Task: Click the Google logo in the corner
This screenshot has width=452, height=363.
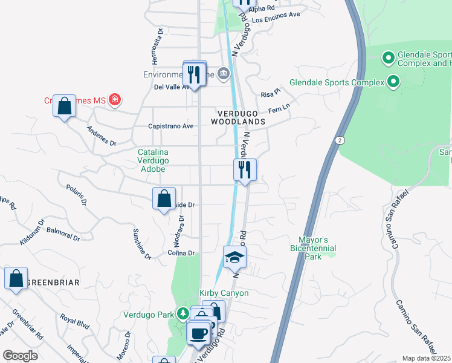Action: coord(20,356)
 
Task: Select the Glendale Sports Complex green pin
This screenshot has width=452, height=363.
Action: coord(394,82)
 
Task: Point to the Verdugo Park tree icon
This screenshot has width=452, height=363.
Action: coord(182,314)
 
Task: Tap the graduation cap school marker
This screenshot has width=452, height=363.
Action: coord(234,258)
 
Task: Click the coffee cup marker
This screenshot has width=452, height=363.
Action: coord(198,332)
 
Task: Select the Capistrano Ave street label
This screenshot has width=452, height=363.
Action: coord(170,126)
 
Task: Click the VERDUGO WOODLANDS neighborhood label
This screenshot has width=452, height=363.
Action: coord(238,117)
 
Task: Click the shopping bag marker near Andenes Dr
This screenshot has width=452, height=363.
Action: coord(64,107)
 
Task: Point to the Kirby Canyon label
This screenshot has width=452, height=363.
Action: coord(224,293)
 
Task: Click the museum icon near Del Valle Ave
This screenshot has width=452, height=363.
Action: coord(224,74)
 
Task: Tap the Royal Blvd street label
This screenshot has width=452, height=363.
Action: coord(74,321)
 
